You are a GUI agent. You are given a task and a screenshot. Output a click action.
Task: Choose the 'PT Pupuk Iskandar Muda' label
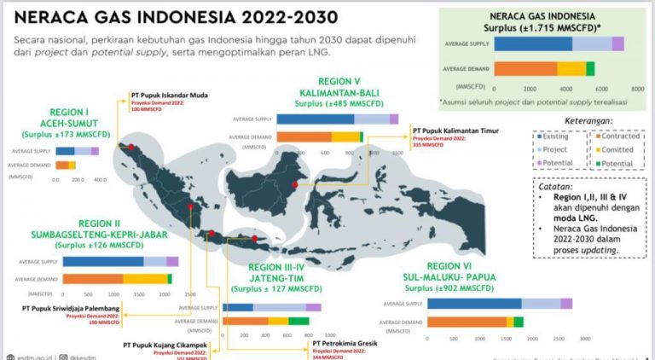tap(170, 95)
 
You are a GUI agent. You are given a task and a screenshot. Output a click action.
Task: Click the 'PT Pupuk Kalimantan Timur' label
tap(456, 131)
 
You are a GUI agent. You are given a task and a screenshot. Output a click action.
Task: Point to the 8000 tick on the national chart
tap(636, 88)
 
